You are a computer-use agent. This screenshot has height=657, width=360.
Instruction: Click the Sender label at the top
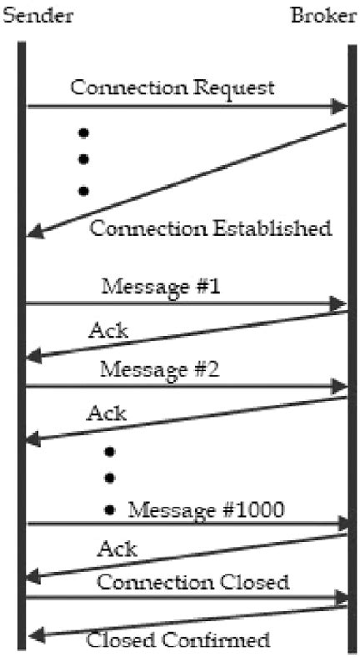[x=37, y=16]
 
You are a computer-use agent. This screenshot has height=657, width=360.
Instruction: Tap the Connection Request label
[x=172, y=88]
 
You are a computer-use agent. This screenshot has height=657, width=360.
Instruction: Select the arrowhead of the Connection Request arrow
[x=339, y=107]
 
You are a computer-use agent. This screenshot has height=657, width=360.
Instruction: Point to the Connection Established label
[x=211, y=228]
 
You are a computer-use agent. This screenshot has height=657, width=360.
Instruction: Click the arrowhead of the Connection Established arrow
[x=35, y=231]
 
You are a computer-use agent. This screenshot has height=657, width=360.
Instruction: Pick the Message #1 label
[x=161, y=288]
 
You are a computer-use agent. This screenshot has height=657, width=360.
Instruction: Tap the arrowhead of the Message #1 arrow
[x=338, y=303]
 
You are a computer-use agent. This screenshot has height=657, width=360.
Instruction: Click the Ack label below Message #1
[x=108, y=331]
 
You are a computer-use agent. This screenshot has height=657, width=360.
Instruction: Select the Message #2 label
[x=159, y=370]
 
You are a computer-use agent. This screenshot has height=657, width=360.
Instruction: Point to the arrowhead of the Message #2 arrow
[x=339, y=386]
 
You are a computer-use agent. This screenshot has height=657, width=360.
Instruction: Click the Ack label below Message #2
[x=107, y=414]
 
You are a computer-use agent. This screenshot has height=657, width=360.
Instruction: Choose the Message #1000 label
[x=207, y=509]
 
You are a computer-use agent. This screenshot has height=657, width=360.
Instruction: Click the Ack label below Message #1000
[x=117, y=548]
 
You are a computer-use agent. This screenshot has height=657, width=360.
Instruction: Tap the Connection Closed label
[x=193, y=583]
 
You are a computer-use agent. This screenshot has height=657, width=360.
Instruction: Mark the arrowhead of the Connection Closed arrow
[x=341, y=597]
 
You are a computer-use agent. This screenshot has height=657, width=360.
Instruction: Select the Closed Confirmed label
[x=177, y=639]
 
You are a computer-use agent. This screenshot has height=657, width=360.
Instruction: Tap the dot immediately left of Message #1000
[x=110, y=510]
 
